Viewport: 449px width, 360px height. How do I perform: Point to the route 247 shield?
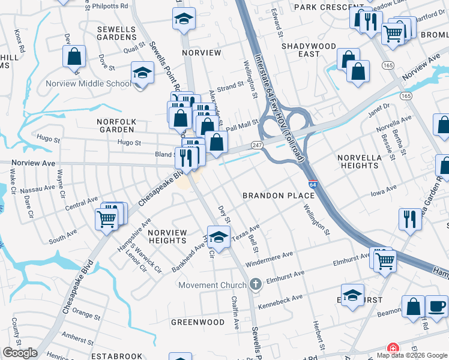click(x=256, y=146)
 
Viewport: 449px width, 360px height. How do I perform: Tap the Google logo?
click(x=20, y=353)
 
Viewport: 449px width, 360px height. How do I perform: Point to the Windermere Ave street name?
click(x=270, y=254)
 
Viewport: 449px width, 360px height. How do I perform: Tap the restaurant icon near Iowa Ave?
click(x=410, y=219)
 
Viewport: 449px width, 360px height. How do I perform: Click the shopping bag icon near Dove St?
click(x=74, y=57)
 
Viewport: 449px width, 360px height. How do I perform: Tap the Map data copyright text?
click(x=396, y=355)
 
